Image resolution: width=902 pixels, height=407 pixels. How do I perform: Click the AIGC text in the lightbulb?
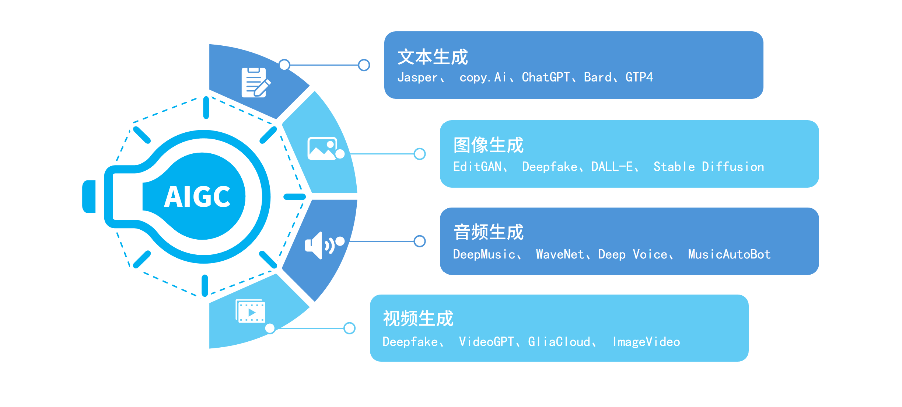(x=197, y=197)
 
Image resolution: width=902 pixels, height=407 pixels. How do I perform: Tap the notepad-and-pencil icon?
(x=255, y=83)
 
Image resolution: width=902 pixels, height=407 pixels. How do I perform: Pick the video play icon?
(x=251, y=312)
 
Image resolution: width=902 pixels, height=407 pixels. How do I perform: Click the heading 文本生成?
(x=433, y=57)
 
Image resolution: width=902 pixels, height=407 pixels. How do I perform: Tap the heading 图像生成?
(x=488, y=145)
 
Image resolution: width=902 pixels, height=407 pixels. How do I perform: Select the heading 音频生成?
(x=488, y=232)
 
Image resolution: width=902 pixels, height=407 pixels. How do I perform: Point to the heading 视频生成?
(x=418, y=319)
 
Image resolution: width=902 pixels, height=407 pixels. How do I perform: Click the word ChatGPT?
(x=546, y=77)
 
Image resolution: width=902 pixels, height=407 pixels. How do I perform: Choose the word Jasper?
(x=417, y=77)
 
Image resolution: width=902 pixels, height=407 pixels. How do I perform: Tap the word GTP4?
(x=639, y=77)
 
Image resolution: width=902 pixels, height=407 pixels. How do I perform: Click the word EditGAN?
(x=478, y=167)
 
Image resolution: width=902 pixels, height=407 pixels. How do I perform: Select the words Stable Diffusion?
(x=709, y=167)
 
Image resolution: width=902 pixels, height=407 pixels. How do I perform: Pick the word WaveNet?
(x=560, y=254)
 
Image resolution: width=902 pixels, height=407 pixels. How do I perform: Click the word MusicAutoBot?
(x=729, y=254)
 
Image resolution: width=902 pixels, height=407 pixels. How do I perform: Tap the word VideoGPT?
(x=486, y=342)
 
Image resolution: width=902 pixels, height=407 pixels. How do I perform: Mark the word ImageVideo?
(x=646, y=342)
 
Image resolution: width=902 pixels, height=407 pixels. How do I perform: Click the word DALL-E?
(x=612, y=167)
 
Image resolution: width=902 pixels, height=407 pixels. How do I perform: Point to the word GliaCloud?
(x=559, y=342)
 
